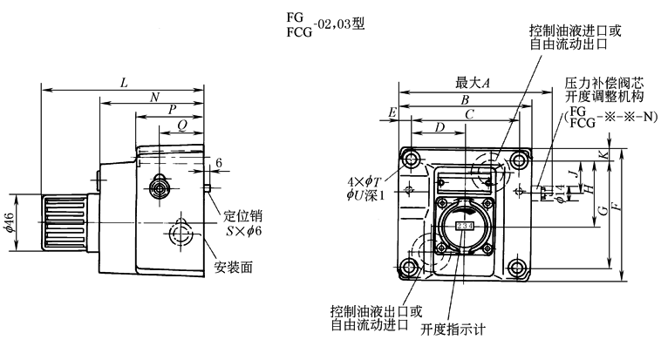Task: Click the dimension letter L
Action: tap(124, 83)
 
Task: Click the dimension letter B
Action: tap(467, 98)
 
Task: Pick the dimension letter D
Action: tap(439, 128)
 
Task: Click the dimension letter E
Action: tap(393, 113)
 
